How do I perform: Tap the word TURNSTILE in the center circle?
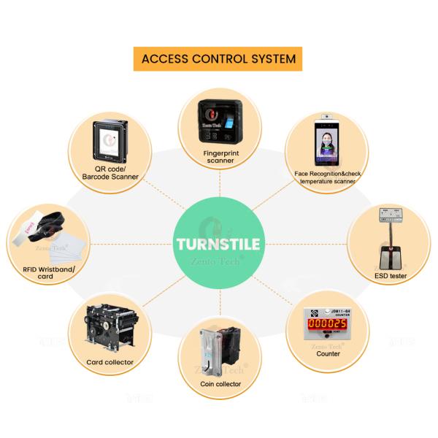[218, 244]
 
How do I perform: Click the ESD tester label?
[390, 276]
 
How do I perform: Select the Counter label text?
[328, 353]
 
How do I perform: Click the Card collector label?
[110, 362]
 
